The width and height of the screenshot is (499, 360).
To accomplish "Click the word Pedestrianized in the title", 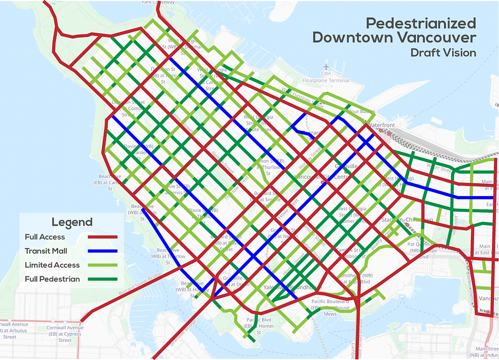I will tap(421, 23).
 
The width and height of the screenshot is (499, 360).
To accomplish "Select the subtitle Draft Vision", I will tap(442, 52).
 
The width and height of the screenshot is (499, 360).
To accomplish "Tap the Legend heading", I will tap(72, 222).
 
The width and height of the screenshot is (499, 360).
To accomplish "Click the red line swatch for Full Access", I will tap(103, 237).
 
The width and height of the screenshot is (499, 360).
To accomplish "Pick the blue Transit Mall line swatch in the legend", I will tap(103, 251).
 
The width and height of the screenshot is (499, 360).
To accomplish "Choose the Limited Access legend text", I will tap(52, 265).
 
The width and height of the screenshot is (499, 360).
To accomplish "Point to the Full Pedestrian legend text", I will tap(52, 279).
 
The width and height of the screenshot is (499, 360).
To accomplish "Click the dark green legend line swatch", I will tap(103, 279).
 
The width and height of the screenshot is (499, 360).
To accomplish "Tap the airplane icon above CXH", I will tap(326, 66).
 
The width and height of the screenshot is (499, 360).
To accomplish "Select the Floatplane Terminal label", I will tap(326, 80).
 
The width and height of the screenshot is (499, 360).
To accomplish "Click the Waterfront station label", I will tap(382, 125).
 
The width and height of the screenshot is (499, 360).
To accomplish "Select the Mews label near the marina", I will tap(330, 314).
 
